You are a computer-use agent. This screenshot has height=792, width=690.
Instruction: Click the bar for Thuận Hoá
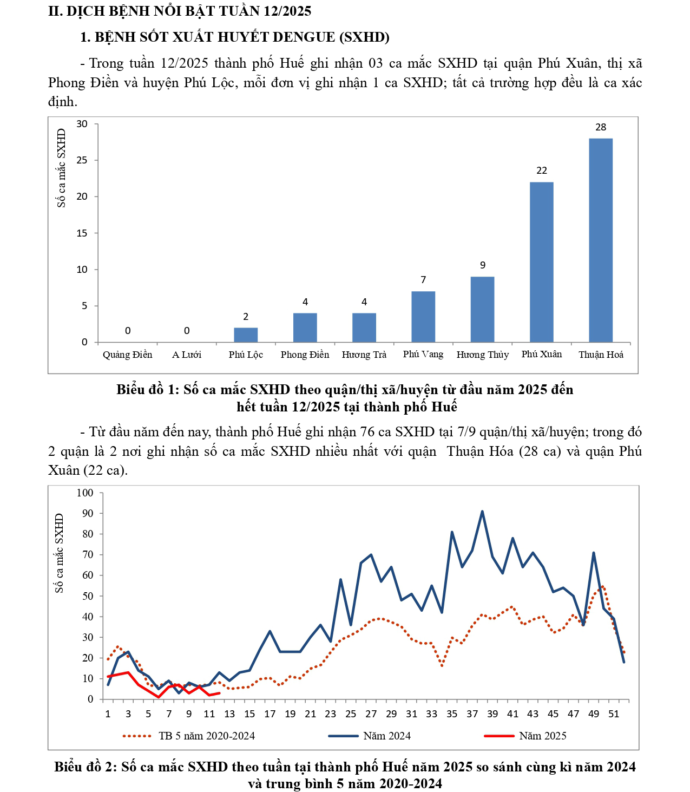pyautogui.click(x=601, y=240)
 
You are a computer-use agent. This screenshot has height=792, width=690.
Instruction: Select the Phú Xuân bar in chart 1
pyautogui.click(x=541, y=262)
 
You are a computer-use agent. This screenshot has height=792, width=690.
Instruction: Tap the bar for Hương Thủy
pyautogui.click(x=482, y=309)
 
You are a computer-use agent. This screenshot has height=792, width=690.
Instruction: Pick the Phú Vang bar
pyautogui.click(x=423, y=317)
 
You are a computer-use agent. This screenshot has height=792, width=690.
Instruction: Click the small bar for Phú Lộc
pyautogui.click(x=246, y=335)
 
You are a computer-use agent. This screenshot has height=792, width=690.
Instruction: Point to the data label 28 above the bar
pyautogui.click(x=601, y=127)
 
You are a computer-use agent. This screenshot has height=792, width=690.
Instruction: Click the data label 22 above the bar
pyautogui.click(x=542, y=171)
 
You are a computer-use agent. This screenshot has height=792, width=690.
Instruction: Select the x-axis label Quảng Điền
pyautogui.click(x=128, y=355)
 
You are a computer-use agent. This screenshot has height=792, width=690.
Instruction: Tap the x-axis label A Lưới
pyautogui.click(x=187, y=355)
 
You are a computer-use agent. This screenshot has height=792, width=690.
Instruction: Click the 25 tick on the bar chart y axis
pyautogui.click(x=82, y=160)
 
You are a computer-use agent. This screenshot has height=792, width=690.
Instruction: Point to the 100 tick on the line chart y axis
pyautogui.click(x=85, y=493)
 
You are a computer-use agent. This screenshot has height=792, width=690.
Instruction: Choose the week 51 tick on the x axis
pyautogui.click(x=614, y=714)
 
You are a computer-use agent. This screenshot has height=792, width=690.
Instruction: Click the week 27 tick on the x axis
pyautogui.click(x=371, y=714)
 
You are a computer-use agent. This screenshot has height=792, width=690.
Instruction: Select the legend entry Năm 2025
pyautogui.click(x=542, y=736)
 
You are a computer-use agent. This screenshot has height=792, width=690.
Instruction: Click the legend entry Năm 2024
pyautogui.click(x=386, y=736)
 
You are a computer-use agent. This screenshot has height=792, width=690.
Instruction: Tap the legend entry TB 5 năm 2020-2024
pyautogui.click(x=206, y=736)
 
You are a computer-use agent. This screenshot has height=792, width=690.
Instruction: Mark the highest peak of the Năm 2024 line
pyautogui.click(x=482, y=511)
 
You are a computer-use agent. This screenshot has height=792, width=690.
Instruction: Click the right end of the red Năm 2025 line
pyautogui.click(x=219, y=693)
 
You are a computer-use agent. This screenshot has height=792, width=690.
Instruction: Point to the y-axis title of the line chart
pyautogui.click(x=60, y=553)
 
